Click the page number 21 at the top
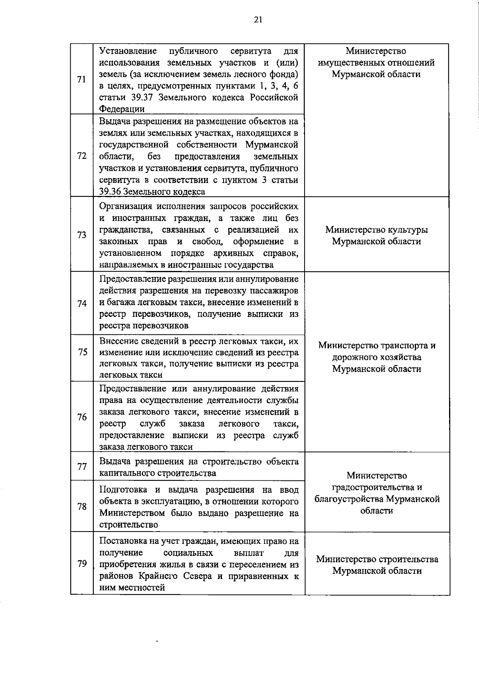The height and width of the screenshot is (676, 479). point(258,20)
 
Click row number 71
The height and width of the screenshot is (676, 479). point(82,79)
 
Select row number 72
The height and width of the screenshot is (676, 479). point(82,156)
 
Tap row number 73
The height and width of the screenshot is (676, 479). point(82,235)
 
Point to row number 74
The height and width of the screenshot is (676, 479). point(82,303)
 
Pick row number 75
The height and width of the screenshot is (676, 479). point(83,352)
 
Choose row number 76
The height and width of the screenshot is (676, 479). point(82,417)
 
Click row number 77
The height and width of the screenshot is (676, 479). point(82,466)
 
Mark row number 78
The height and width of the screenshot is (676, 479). point(82,506)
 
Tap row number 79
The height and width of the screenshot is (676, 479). point(82,563)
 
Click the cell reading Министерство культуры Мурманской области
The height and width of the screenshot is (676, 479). point(376,235)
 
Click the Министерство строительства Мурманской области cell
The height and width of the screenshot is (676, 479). point(377,565)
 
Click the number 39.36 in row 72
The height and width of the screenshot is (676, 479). point(110,192)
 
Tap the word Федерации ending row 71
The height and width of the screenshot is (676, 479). point(122,109)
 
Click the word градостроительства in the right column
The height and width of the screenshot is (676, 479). point(377,487)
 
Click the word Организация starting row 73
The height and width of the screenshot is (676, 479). point(125,206)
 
